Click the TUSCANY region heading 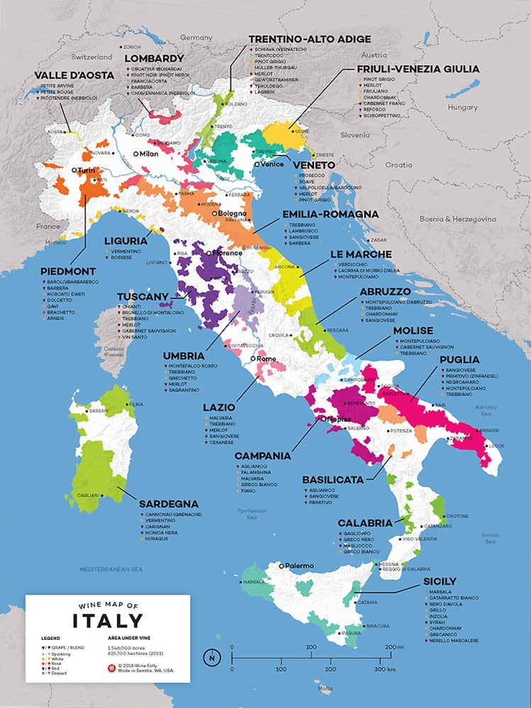(x=142, y=296)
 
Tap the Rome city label (x=267, y=359)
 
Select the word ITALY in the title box (x=108, y=621)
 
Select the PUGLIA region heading (x=459, y=359)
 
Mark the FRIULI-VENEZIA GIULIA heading (x=418, y=69)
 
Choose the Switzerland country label (x=91, y=56)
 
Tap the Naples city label (x=337, y=419)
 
